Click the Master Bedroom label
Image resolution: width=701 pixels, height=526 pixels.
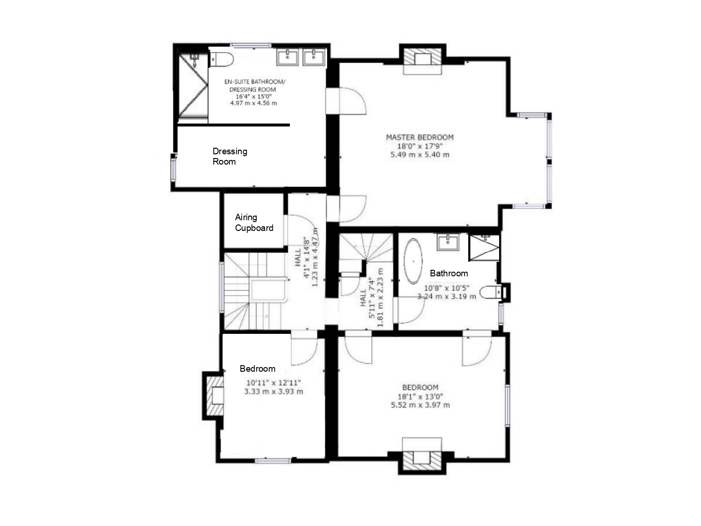click(420, 137)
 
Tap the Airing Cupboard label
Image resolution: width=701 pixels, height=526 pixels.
click(254, 223)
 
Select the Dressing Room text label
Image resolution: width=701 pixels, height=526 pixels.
click(229, 156)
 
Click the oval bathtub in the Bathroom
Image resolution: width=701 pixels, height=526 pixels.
click(413, 261)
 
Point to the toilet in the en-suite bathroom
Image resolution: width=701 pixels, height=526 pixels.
click(222, 59)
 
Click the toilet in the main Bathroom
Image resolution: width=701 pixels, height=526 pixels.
click(491, 293)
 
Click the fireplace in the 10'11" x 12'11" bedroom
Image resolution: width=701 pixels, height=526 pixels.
click(215, 396)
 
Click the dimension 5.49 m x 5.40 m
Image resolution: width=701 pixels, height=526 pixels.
click(420, 155)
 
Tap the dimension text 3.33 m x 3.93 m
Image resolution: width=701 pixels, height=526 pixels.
click(273, 391)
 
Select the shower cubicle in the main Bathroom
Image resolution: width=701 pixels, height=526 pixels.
click(485, 247)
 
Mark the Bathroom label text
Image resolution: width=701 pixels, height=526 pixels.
click(449, 273)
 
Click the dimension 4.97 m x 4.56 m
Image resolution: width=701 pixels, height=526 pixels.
click(253, 103)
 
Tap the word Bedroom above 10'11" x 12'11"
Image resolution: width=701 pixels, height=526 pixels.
click(258, 368)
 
